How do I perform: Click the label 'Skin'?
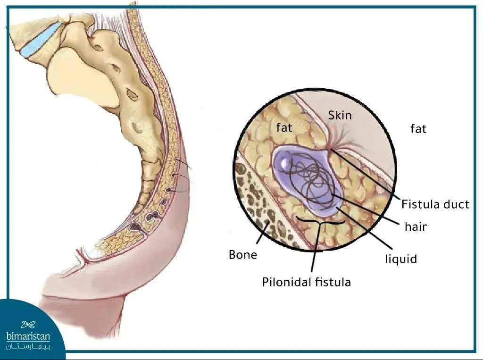click(x=340, y=115)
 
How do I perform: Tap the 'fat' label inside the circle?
click(x=284, y=127)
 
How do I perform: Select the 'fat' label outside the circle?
click(x=418, y=128)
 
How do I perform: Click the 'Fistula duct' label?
click(x=435, y=204)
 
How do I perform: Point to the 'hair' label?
click(x=416, y=226)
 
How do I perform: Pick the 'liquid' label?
click(x=401, y=259)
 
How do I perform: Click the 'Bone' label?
click(x=243, y=255)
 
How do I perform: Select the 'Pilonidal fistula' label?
click(x=306, y=282)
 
